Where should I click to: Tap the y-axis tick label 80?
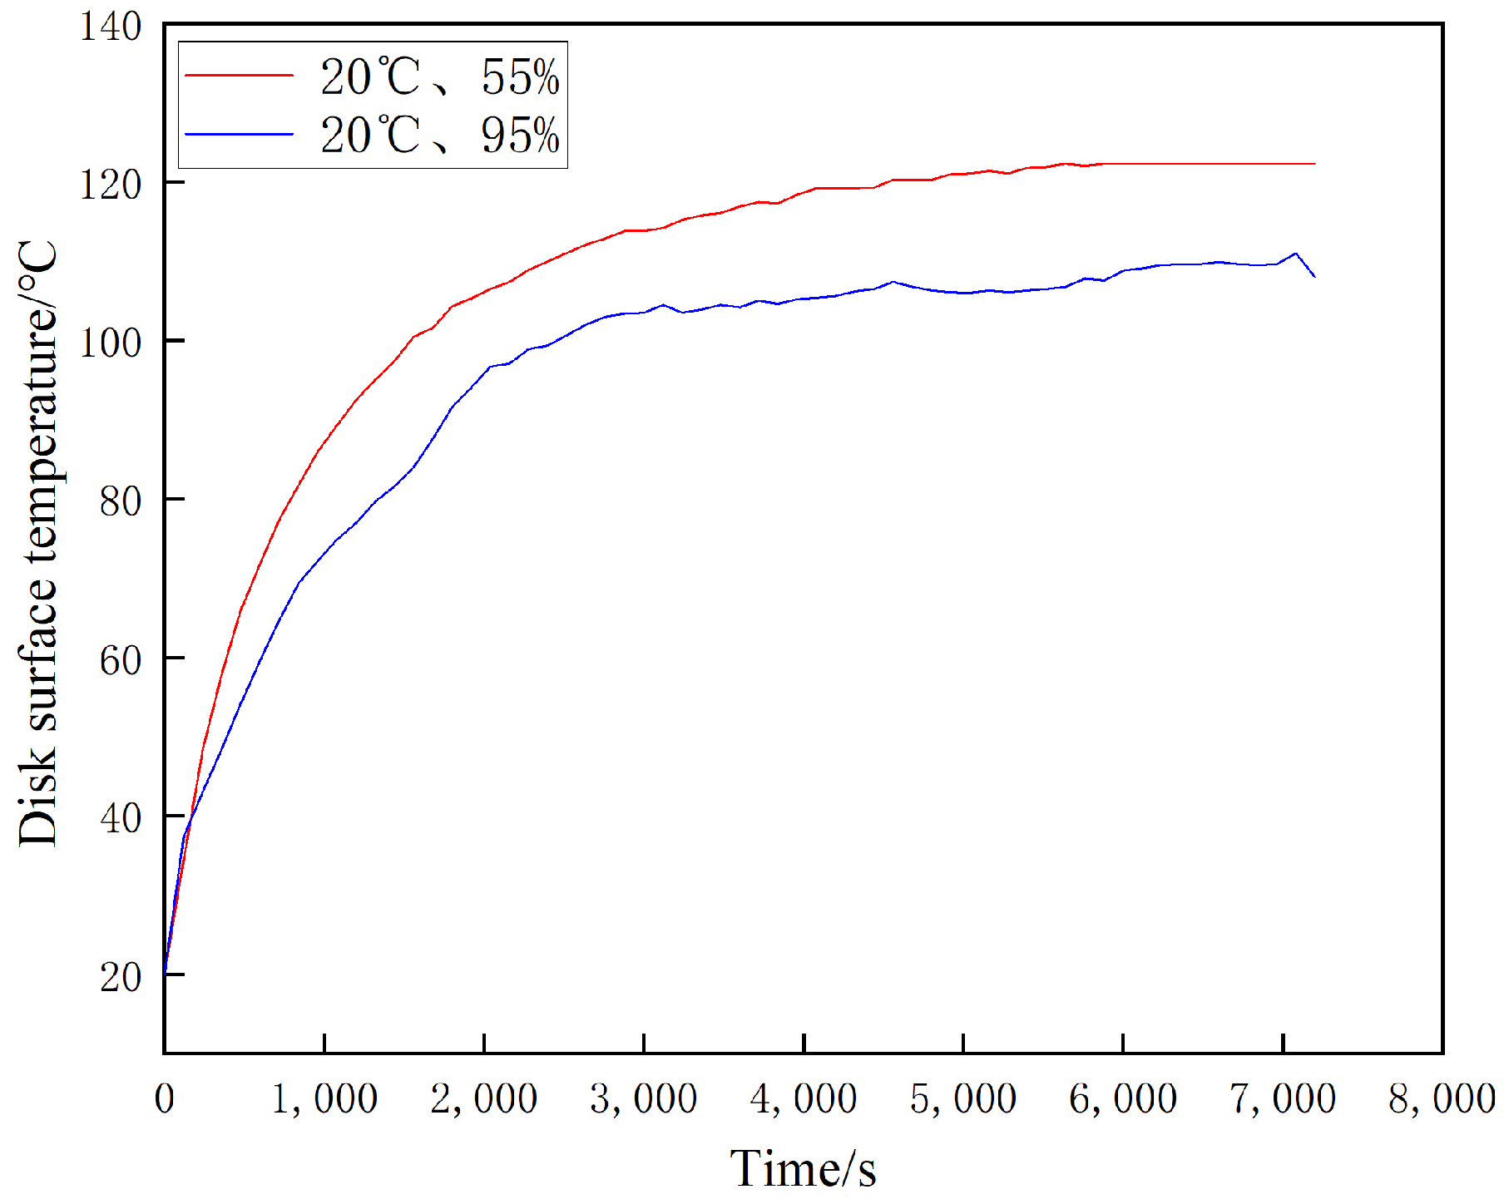(x=121, y=501)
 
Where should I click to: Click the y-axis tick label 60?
(x=121, y=660)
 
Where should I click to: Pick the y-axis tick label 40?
(x=121, y=818)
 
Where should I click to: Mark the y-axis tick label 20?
(x=121, y=977)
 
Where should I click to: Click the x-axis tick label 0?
(x=165, y=1098)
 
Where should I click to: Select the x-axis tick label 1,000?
(x=324, y=1098)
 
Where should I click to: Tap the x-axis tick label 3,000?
(x=643, y=1098)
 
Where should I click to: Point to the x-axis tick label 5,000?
(x=962, y=1098)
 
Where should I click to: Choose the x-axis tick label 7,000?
(x=1282, y=1098)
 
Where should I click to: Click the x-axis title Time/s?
(x=803, y=1168)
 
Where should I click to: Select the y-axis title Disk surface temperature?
(x=38, y=545)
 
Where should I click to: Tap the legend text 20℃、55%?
(x=439, y=77)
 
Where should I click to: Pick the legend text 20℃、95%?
(x=439, y=135)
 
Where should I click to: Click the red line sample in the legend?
(x=239, y=76)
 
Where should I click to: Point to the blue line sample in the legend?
(x=239, y=134)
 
